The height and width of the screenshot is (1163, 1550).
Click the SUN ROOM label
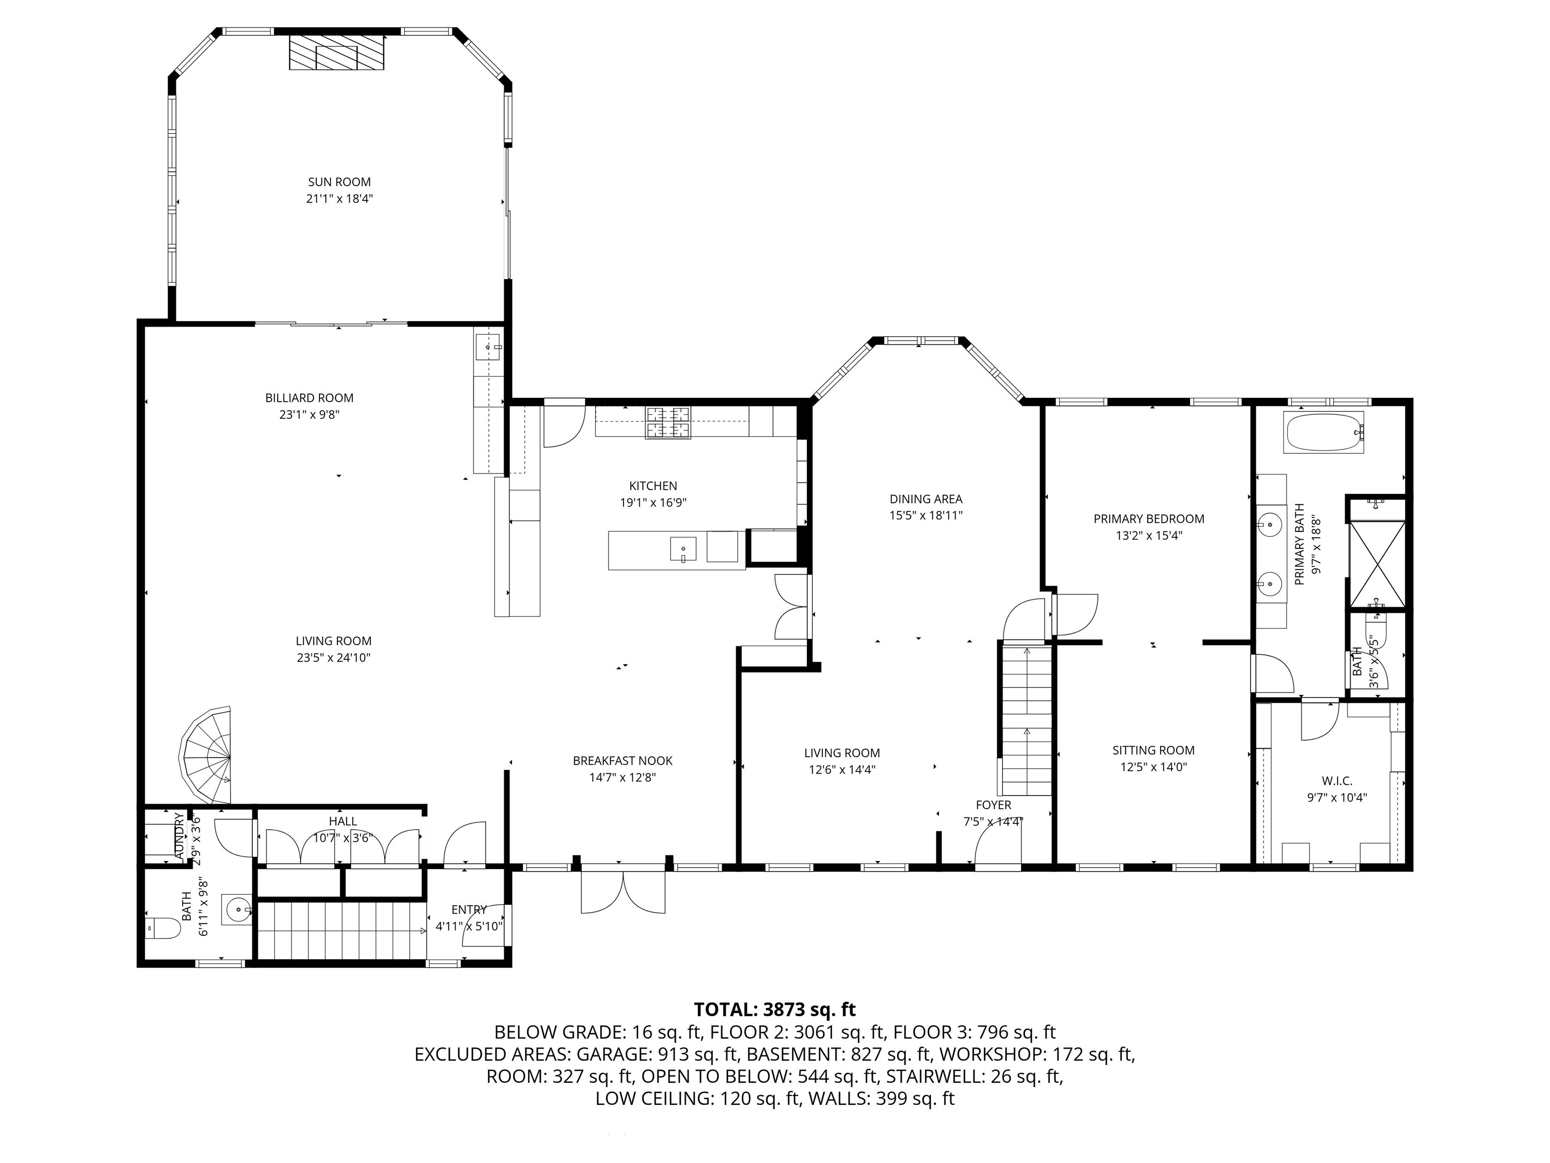(339, 182)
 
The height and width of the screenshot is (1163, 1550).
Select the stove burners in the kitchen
(668, 422)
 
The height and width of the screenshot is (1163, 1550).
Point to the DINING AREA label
(926, 499)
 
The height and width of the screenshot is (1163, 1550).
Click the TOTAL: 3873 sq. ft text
(774, 1010)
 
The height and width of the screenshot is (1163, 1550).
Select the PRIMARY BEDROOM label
(1148, 519)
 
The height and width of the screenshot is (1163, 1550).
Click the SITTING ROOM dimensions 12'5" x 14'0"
(1153, 767)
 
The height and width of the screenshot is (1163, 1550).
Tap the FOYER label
(993, 805)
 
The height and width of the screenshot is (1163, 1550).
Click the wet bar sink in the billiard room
(488, 346)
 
